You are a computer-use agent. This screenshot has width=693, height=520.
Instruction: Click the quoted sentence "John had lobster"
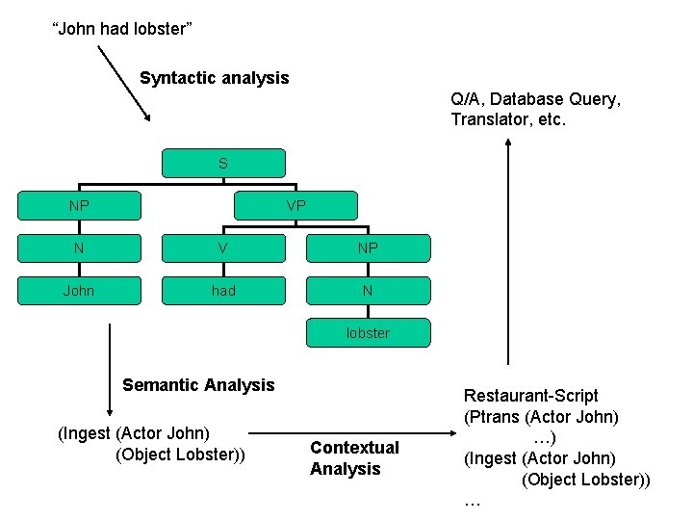click(121, 29)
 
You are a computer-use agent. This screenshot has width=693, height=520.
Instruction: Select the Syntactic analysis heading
click(214, 78)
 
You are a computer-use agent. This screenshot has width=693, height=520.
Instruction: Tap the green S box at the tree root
click(223, 164)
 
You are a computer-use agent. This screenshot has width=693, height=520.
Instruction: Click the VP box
click(295, 206)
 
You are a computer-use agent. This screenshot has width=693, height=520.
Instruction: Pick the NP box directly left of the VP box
click(79, 206)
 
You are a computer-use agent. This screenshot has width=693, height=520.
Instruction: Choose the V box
click(223, 248)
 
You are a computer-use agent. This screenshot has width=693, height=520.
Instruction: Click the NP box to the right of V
click(368, 248)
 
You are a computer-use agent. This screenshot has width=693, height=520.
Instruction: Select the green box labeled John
click(79, 291)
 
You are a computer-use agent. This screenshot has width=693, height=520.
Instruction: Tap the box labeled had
click(223, 291)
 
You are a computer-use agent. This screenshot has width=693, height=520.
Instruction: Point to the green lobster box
click(368, 333)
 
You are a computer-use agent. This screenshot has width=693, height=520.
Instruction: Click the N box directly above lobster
click(368, 291)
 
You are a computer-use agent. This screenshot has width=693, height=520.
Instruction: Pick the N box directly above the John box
click(79, 248)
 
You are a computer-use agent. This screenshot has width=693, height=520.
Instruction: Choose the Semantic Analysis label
click(198, 385)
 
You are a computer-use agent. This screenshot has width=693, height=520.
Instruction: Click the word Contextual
click(354, 448)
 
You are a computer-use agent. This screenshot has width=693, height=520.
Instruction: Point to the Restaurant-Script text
click(530, 396)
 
